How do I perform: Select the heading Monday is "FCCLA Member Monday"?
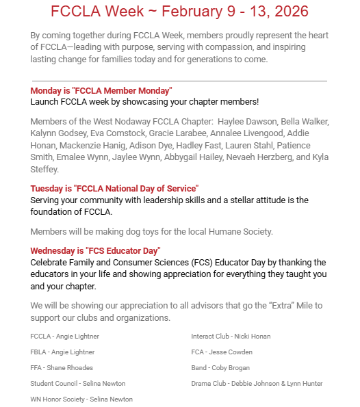pos(101,91)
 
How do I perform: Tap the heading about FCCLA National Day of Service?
pos(114,188)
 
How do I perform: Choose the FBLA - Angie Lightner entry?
pos(62,352)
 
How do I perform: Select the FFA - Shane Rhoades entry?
pos(62,368)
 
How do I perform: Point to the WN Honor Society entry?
pos(81,399)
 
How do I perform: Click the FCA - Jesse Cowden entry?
pos(222,352)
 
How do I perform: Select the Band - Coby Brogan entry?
pos(221,368)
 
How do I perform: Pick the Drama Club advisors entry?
pos(257,384)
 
